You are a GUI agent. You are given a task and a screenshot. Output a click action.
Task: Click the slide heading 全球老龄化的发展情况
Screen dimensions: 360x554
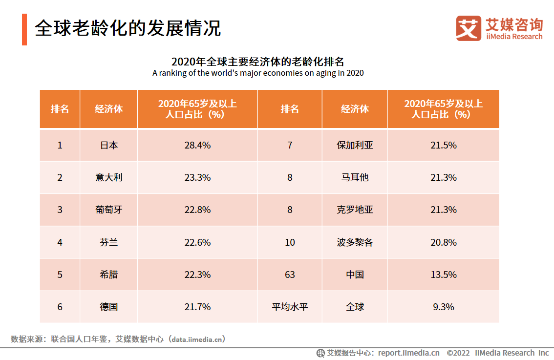pos(128,28)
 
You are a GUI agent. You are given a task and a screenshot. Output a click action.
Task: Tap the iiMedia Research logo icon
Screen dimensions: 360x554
pos(468,28)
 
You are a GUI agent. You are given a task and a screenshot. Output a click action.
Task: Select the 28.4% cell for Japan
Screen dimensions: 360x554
pos(197,145)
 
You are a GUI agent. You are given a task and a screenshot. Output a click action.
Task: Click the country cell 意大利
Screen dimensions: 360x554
pos(108,177)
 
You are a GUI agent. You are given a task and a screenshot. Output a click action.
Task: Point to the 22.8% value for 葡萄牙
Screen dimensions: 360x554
pos(197,210)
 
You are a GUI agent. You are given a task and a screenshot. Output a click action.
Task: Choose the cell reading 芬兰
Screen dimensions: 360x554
pos(108,242)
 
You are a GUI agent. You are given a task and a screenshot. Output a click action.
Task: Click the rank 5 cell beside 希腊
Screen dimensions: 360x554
pos(60,275)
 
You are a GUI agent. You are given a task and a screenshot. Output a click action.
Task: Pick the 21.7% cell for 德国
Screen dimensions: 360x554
pos(197,307)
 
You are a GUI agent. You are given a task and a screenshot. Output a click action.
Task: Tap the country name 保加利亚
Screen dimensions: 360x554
pos(355,145)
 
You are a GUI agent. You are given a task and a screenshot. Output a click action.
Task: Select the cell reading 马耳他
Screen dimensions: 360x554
pos(355,177)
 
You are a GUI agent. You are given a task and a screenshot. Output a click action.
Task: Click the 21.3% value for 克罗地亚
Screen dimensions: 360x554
pos(443,210)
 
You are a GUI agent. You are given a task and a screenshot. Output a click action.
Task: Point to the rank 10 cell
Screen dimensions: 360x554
pos(290,242)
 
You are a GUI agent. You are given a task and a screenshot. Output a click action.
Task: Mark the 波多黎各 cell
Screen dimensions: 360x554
pos(355,242)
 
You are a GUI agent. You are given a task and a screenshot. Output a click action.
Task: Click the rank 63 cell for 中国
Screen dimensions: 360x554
pos(290,275)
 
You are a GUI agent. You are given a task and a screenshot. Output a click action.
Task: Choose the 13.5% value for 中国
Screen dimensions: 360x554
pos(443,275)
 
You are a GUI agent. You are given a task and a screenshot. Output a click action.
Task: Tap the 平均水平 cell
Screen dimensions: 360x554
pos(290,307)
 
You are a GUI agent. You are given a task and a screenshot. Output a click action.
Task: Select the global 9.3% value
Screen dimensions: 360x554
pos(443,307)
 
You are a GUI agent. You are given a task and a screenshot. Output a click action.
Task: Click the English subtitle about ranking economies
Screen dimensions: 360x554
pos(258,73)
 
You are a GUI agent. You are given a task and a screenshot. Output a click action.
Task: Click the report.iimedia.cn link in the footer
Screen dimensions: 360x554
pos(408,353)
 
